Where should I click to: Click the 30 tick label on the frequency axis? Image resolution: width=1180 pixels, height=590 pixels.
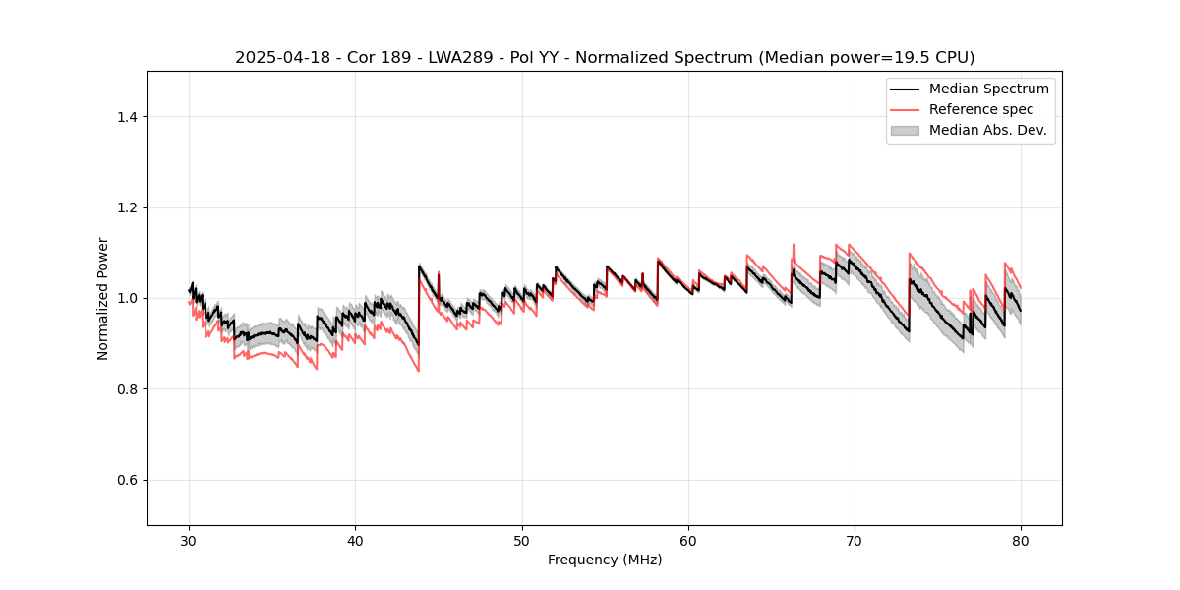tap(190, 541)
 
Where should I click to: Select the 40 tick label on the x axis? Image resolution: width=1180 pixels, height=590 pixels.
tap(356, 541)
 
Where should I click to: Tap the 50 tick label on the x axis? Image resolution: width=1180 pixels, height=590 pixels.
tap(522, 541)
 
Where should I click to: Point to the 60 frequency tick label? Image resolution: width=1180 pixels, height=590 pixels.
tap(688, 541)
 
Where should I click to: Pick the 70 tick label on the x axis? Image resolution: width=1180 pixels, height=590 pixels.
tap(855, 541)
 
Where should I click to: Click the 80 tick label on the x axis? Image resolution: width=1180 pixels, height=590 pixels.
tap(1021, 541)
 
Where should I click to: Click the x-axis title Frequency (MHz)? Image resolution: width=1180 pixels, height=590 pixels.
tap(605, 560)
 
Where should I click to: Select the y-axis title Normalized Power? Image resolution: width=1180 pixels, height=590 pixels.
tap(103, 298)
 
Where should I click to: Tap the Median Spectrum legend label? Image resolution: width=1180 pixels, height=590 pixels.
tap(988, 88)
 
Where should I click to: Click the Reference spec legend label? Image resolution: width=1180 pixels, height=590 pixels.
tap(981, 109)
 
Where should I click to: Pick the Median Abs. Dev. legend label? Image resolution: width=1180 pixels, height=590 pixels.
tap(988, 130)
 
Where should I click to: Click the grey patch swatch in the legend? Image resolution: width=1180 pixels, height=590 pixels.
tap(905, 130)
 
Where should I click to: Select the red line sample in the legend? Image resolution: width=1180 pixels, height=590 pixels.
tap(905, 109)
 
